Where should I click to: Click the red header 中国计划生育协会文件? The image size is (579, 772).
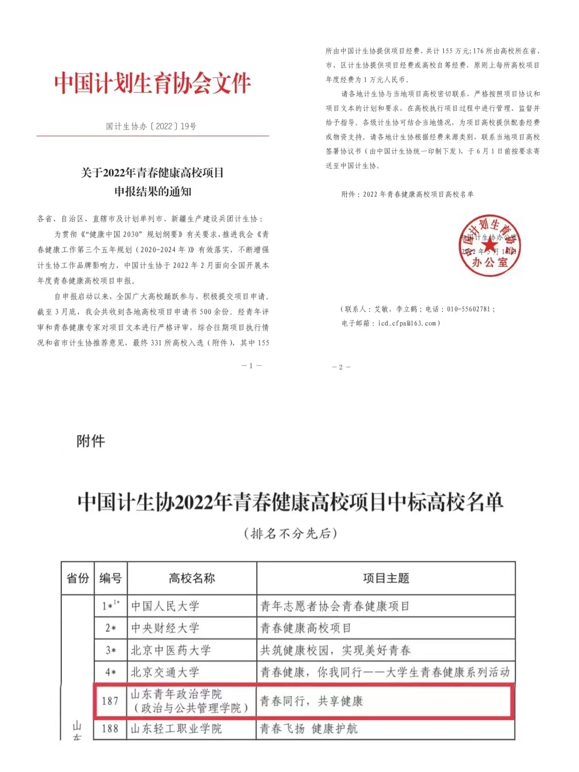153,83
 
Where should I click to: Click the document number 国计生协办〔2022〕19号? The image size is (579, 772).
151,127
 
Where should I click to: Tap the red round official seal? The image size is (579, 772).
489,246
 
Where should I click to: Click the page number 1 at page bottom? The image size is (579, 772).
251,366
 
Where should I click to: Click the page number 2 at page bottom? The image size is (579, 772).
341,367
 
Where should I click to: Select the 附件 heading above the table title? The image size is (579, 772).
91,441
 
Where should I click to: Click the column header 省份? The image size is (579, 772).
78,578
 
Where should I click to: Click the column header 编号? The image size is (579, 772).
110,578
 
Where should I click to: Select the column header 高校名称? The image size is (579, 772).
191,578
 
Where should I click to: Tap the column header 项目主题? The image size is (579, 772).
386,578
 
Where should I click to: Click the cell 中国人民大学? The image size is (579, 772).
165,606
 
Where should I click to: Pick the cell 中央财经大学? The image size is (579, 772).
165,628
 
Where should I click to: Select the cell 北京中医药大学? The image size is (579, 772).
171,650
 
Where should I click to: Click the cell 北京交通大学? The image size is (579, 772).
165,672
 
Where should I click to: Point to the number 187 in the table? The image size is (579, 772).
110,701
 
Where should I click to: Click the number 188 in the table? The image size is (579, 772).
110,729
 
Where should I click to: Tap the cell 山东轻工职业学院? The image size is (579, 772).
176,729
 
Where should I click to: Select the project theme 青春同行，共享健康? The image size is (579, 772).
311,701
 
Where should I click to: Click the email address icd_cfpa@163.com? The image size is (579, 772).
407,323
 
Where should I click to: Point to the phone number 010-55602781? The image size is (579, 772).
469,309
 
